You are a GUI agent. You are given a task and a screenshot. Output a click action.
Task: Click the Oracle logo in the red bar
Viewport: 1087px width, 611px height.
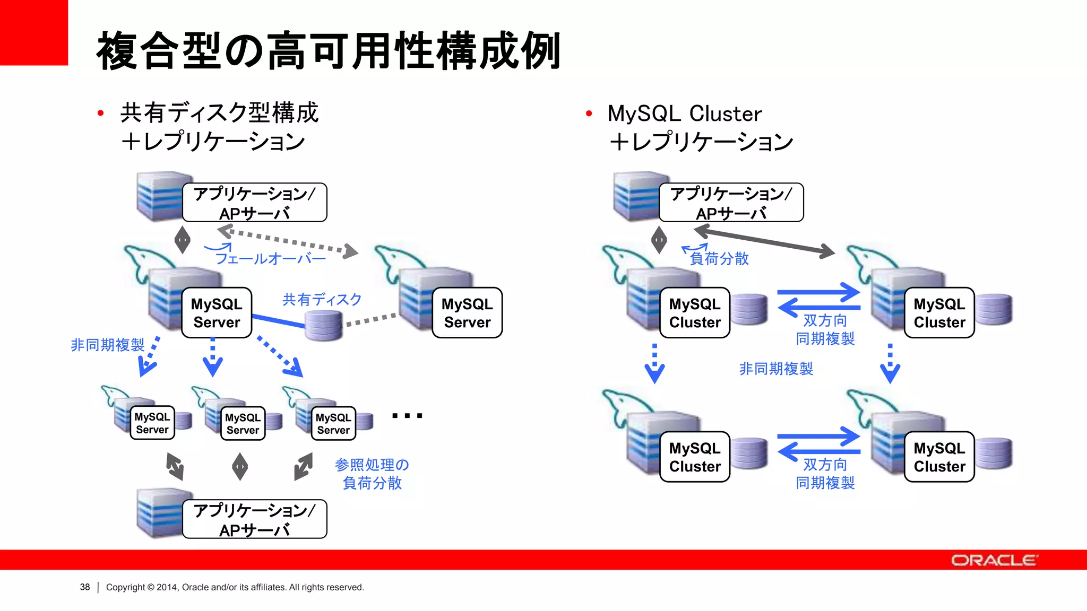click(x=994, y=560)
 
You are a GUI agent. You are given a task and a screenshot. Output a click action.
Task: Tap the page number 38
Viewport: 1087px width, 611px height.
click(x=85, y=587)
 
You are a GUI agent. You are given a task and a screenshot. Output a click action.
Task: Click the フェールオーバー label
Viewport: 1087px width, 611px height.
click(x=270, y=259)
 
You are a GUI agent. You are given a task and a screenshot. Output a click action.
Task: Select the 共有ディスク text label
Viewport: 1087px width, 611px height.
click(x=322, y=300)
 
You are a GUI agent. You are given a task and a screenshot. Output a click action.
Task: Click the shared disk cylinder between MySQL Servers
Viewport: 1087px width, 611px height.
click(x=324, y=325)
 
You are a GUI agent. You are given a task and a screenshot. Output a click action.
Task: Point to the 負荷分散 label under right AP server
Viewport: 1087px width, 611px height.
click(x=719, y=259)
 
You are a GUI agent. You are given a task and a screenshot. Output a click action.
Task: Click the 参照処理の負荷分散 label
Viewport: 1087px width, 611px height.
click(x=372, y=474)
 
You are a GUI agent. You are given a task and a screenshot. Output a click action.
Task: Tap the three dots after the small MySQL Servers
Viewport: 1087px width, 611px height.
click(x=407, y=416)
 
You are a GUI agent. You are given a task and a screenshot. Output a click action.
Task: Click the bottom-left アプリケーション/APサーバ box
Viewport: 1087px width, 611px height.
click(x=254, y=519)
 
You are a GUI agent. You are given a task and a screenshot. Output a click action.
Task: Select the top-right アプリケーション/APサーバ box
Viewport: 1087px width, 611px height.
click(x=731, y=203)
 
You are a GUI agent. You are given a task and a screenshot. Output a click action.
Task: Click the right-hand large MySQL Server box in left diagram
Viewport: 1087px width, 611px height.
click(x=467, y=313)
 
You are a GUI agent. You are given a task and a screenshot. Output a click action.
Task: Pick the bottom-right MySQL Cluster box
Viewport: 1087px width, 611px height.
click(x=939, y=457)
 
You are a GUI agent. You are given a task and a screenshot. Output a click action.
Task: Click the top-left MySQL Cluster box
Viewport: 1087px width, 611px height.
click(x=694, y=313)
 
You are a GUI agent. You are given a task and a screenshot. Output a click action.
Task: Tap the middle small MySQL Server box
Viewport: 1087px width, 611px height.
click(x=243, y=423)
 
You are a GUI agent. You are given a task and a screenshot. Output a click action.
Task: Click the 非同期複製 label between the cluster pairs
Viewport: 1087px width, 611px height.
click(x=775, y=369)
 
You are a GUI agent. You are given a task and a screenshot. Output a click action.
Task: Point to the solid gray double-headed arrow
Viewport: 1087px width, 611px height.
click(x=764, y=241)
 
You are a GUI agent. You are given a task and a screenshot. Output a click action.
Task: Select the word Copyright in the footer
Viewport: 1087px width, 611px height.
click(x=125, y=587)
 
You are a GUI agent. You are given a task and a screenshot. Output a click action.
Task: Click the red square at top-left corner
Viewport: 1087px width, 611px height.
click(x=33, y=32)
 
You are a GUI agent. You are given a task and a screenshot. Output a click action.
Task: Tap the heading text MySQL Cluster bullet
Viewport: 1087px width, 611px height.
click(x=684, y=114)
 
